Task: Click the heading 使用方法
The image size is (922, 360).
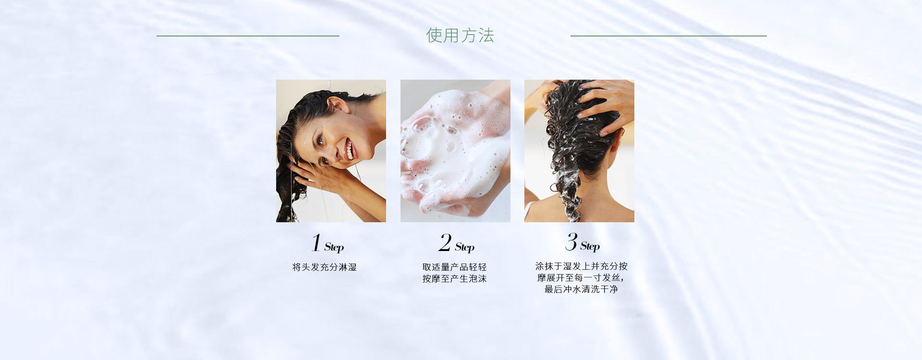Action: click(460, 36)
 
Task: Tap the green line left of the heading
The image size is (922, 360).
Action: click(248, 36)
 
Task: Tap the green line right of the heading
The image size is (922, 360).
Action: click(668, 36)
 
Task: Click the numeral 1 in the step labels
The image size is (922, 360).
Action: click(316, 242)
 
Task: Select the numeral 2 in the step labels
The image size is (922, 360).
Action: click(445, 242)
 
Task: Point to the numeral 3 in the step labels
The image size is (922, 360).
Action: click(571, 241)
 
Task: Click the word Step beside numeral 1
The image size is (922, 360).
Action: click(334, 247)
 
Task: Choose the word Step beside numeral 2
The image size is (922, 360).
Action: click(465, 247)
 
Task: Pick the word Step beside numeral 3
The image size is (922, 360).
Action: click(590, 246)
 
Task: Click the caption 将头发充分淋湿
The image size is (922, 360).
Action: click(325, 267)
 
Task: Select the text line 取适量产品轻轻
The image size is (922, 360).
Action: click(455, 267)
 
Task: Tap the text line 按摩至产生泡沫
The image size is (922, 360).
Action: click(455, 279)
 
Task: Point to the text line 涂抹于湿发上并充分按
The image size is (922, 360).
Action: click(582, 266)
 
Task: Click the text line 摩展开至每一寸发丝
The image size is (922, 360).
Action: click(579, 278)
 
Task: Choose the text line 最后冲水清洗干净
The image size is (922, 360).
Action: click(581, 289)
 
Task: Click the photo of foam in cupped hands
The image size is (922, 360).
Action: click(455, 151)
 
